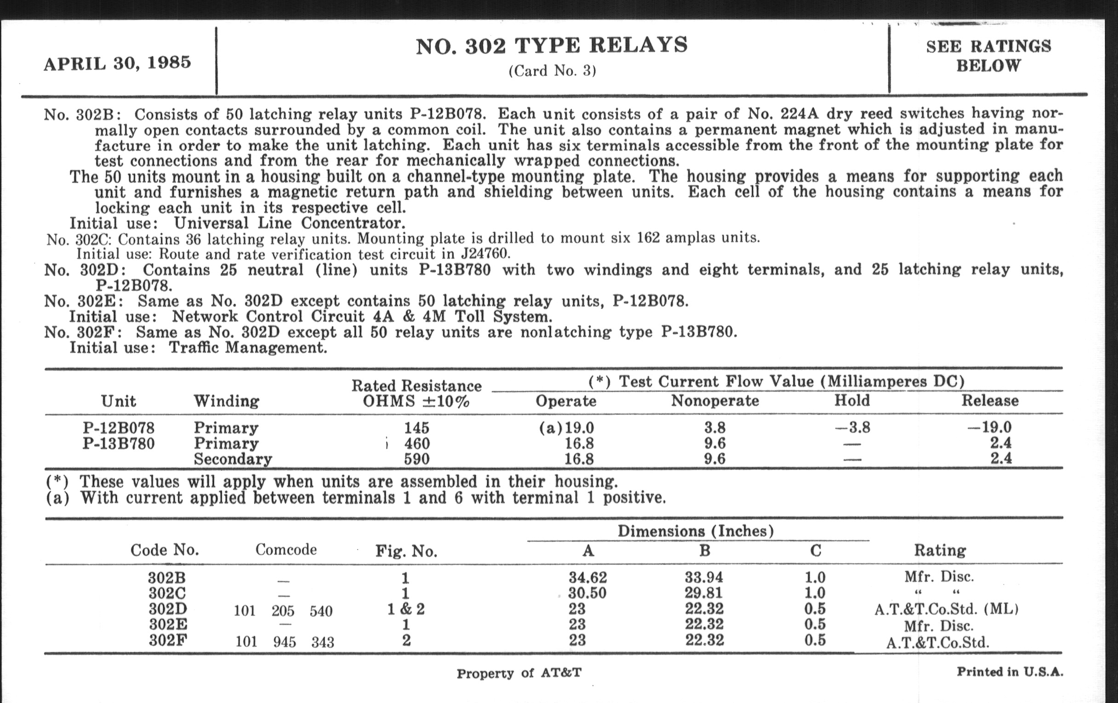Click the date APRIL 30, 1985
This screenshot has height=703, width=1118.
point(118,63)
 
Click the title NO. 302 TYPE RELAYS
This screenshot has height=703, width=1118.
point(552,46)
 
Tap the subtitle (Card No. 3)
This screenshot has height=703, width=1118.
point(552,71)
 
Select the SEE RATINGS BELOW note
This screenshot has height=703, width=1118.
point(988,56)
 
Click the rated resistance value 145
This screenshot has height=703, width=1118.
point(416,427)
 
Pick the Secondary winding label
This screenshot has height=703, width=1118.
point(233,459)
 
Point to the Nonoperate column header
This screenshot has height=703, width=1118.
point(715,401)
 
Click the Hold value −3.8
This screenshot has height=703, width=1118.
point(852,427)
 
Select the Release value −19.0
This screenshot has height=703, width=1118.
point(989,427)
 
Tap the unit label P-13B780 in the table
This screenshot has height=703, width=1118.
point(119,443)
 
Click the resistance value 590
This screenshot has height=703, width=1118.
point(416,459)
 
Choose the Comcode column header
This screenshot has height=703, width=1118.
point(286,550)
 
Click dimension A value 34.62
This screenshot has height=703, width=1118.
point(588,577)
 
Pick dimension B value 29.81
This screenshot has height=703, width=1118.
point(704,593)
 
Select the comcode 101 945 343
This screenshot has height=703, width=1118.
point(284,642)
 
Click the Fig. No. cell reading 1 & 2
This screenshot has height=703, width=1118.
point(406,609)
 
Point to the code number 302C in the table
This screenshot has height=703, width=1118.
point(167,593)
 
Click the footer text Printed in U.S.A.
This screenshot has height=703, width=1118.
point(1010,672)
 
